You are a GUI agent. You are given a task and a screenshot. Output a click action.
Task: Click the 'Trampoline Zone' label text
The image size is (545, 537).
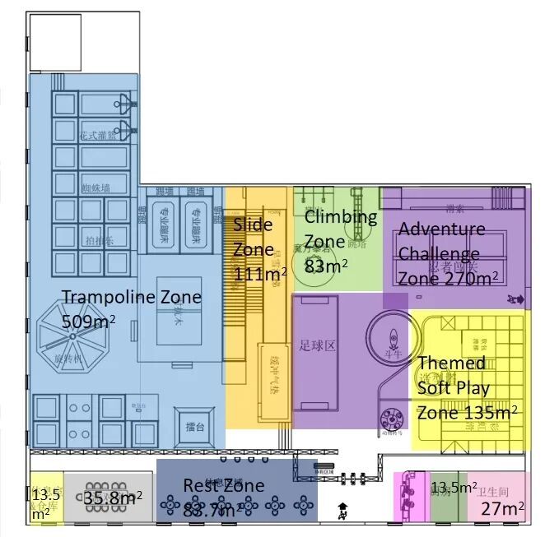(132, 297)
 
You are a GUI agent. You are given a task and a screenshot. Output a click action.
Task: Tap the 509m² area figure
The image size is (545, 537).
(89, 321)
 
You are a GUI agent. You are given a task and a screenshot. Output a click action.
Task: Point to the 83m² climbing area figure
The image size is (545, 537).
(326, 266)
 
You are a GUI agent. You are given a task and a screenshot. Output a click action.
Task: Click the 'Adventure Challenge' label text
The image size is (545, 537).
(441, 241)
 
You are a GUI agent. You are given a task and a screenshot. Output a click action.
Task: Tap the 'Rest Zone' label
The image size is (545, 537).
(223, 485)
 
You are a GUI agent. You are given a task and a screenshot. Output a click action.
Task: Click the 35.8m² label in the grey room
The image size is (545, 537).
(113, 497)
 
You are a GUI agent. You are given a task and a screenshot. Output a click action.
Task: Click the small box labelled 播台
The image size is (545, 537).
(195, 428)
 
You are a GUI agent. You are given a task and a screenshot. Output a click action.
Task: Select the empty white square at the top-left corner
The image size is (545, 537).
(54, 42)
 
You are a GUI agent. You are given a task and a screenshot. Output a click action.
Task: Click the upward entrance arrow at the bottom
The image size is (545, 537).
(342, 507)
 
